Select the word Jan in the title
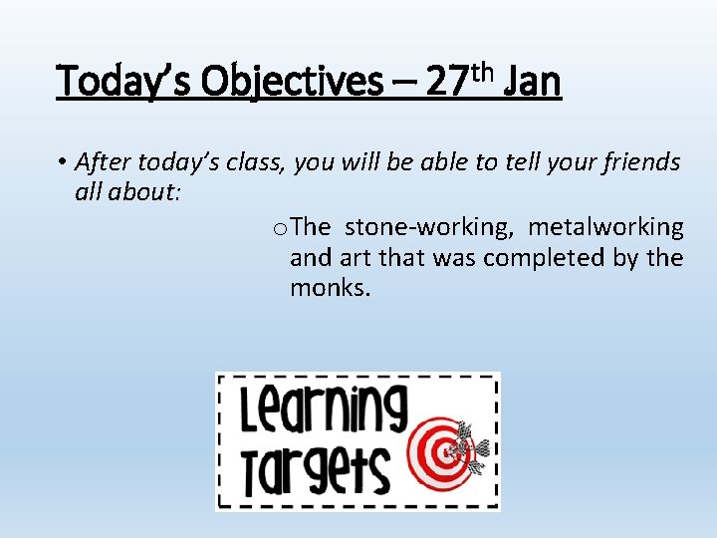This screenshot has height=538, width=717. [x=533, y=81]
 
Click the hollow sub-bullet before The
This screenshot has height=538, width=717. [x=278, y=228]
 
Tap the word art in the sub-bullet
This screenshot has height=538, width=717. [x=355, y=258]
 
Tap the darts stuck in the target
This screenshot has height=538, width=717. [x=470, y=447]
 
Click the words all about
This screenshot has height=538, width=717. [x=126, y=191]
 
